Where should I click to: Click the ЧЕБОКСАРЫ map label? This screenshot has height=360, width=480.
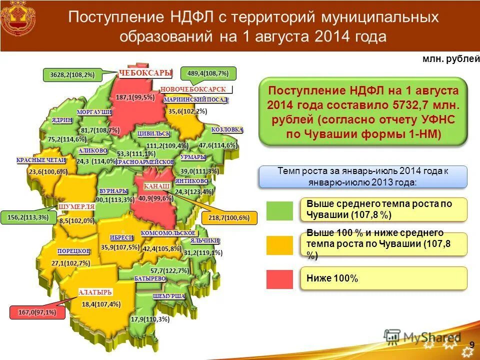145,73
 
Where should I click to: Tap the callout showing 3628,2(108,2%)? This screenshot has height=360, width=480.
72,75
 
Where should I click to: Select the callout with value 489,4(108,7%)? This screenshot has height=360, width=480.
208,73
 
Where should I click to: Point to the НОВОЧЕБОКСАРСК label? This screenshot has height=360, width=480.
193,89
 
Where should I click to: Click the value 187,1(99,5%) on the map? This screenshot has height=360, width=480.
135,97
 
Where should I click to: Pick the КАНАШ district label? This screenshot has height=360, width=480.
156,186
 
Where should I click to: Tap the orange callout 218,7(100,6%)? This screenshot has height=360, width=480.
229,217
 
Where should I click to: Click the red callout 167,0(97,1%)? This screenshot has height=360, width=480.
37,312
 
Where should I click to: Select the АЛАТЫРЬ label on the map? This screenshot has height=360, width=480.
95,292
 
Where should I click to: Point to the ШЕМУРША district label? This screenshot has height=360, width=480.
169,296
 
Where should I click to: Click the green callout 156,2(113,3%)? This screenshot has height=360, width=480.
28,217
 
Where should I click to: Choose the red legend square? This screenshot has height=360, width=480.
279,278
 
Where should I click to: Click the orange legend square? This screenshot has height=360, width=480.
279,245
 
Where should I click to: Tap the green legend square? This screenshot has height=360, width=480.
279,210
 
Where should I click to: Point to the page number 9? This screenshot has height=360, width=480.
471,344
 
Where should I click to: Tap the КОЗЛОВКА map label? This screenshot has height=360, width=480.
227,130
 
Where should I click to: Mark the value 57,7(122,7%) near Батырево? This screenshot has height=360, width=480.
170,270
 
